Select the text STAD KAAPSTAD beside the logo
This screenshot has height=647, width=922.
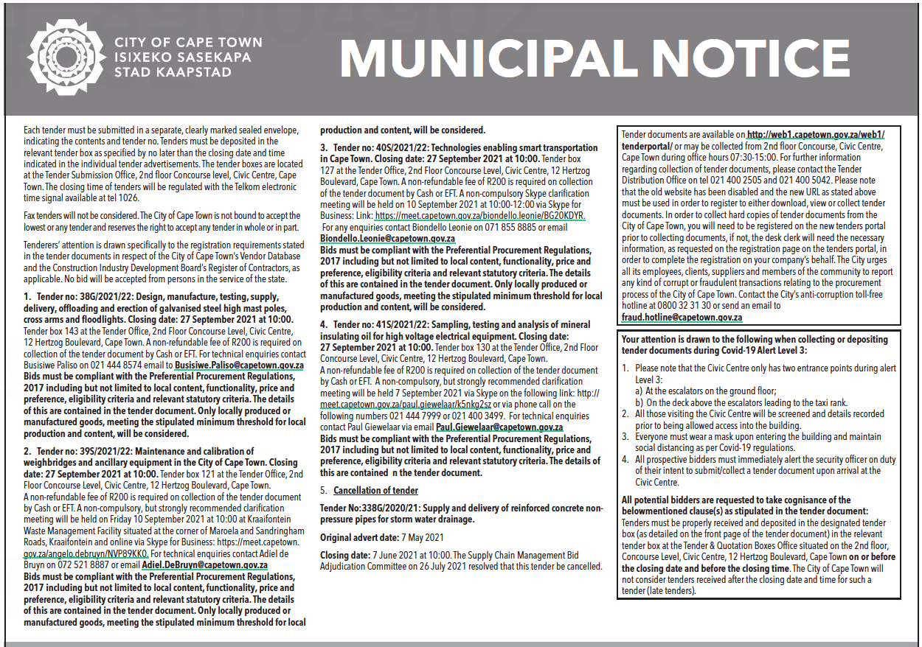[x=173, y=72]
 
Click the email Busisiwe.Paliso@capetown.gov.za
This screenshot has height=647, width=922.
[x=239, y=365]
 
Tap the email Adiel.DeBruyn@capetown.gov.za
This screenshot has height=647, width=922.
[x=205, y=565]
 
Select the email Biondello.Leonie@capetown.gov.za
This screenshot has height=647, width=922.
[x=387, y=239]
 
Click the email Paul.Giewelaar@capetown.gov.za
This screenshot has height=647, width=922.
[x=499, y=427]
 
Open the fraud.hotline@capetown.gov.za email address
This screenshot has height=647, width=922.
[x=682, y=317]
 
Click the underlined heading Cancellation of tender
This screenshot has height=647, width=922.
[x=375, y=490]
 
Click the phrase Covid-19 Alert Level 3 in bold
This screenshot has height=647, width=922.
[x=763, y=350]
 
